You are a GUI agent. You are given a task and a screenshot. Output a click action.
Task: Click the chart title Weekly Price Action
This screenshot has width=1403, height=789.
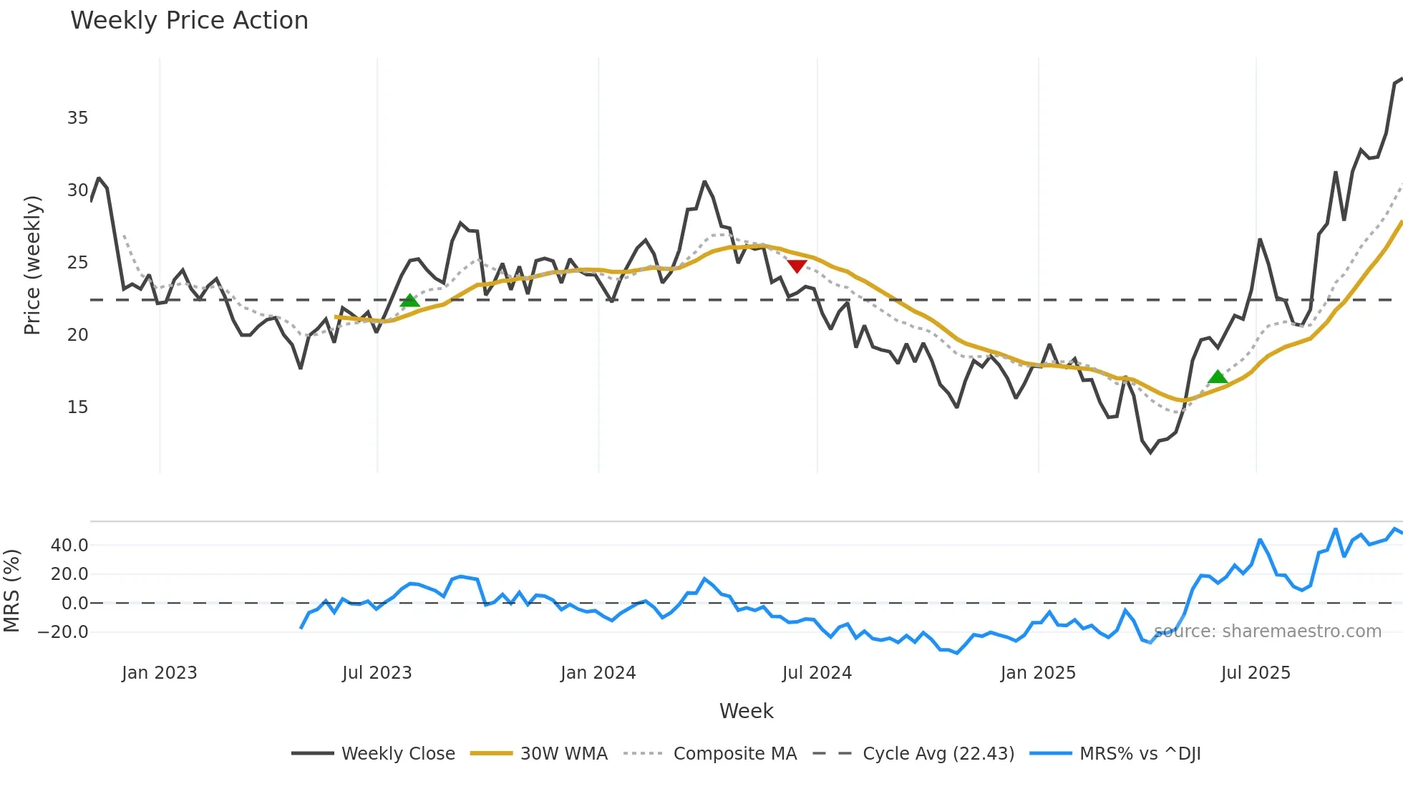click(189, 21)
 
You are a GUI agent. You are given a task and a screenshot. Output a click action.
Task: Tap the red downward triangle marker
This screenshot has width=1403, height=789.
click(797, 266)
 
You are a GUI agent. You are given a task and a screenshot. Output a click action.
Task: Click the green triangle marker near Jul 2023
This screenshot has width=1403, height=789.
click(409, 301)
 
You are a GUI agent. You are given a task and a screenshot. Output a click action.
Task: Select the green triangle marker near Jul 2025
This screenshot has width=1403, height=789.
click(1218, 377)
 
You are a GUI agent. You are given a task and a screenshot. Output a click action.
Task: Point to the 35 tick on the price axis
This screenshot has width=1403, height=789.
click(77, 118)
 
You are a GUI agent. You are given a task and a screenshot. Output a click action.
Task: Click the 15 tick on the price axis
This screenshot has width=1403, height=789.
click(77, 407)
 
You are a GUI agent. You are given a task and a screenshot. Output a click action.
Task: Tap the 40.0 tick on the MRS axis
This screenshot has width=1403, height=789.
click(69, 546)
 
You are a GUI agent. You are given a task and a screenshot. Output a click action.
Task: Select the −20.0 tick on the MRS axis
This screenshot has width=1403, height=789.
click(63, 632)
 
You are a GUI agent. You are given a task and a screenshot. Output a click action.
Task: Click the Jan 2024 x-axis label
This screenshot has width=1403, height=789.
click(598, 673)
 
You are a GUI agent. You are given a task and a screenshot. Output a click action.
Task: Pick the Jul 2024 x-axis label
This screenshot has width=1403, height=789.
click(817, 673)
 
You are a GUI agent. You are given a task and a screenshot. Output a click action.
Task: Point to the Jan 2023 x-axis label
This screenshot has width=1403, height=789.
click(159, 673)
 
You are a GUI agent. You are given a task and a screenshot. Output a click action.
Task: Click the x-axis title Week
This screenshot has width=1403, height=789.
click(746, 711)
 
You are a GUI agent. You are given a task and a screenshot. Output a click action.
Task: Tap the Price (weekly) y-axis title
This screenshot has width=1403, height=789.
click(32, 265)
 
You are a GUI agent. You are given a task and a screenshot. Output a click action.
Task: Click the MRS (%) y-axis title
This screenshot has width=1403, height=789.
click(11, 591)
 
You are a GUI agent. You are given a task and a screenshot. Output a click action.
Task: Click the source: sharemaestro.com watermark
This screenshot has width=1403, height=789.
click(1267, 631)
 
